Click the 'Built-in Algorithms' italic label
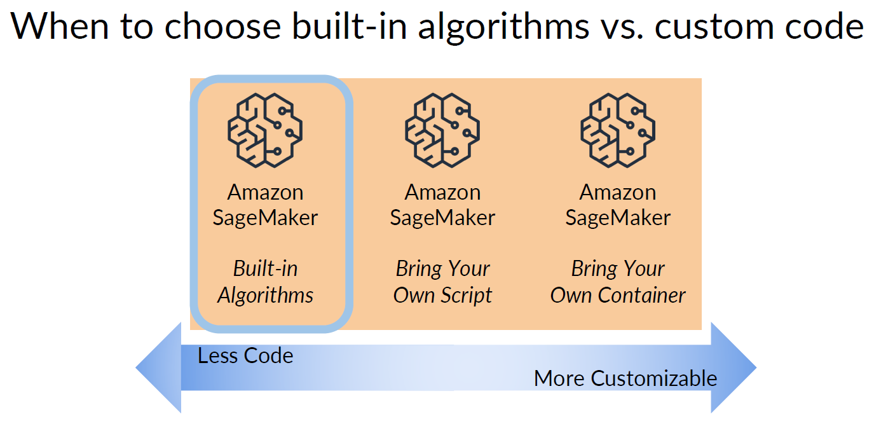(265, 282)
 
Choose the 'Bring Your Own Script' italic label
(442, 282)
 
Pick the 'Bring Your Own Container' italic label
(618, 282)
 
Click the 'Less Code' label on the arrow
(245, 355)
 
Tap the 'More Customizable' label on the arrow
(625, 378)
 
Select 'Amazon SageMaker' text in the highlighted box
(265, 205)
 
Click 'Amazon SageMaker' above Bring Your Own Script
(442, 205)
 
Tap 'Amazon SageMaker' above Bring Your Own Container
(618, 205)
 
